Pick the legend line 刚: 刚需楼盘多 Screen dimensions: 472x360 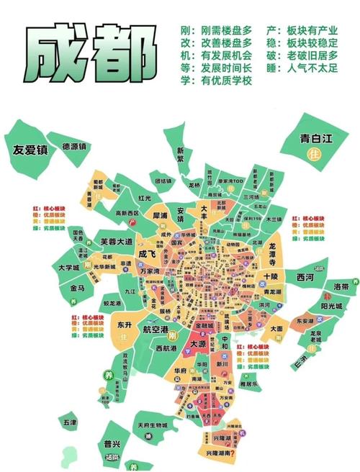(217, 31)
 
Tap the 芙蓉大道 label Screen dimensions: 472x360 (116, 242)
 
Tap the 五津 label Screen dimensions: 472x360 (69, 422)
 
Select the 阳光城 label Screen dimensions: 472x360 (331, 305)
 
